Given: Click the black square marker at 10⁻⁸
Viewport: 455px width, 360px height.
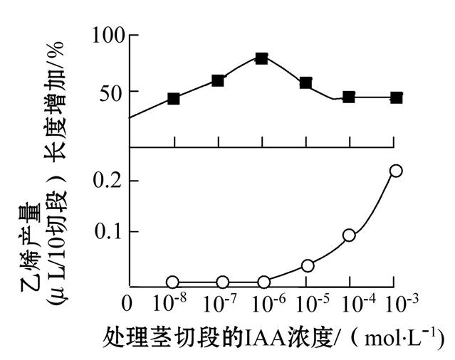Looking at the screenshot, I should pos(174,99).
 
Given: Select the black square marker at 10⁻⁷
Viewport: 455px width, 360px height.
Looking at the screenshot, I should pos(218,80).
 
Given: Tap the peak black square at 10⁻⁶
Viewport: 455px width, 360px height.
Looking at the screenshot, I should pos(261,58).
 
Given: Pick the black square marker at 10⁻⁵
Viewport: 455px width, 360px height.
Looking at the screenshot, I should pos(305,83).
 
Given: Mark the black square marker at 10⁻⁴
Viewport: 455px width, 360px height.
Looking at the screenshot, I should pos(349,97).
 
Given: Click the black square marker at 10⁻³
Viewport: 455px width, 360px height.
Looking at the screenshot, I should pos(397,97).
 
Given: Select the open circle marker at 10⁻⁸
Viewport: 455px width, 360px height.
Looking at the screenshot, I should pos(173,282).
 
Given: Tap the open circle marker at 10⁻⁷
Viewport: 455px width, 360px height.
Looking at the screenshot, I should pos(223,282).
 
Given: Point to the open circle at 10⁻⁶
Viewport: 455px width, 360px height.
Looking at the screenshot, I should pos(264,282).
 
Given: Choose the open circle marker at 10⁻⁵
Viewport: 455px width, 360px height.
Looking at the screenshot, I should pos(308,265).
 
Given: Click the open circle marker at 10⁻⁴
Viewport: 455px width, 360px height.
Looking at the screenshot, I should pos(349,235).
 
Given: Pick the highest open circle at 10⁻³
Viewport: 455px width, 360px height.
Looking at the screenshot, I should pos(396,171).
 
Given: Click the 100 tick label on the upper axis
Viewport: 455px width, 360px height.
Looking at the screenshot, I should pos(108,35).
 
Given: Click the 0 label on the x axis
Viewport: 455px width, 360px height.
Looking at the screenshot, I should pos(127,305).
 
